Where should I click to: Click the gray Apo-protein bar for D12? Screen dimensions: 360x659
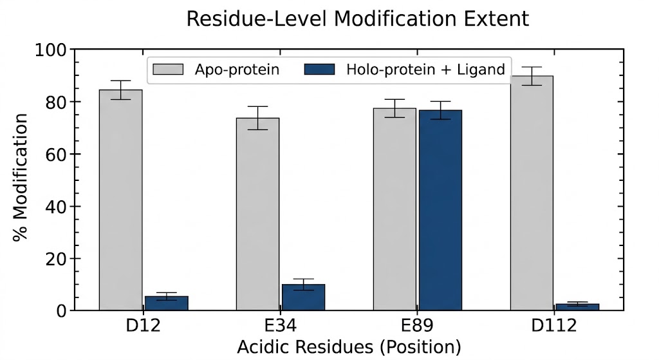pos(120,200)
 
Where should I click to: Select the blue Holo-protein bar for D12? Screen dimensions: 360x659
pos(166,303)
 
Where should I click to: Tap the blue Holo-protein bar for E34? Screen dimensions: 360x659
pos(303,298)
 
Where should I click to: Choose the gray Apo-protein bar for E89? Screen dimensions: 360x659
pos(394,209)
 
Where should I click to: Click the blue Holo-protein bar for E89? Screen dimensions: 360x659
pos(440,210)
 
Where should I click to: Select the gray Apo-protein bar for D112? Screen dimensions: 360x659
pos(532,193)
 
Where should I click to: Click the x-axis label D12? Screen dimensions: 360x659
pos(143,325)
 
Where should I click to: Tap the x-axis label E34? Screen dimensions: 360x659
pos(280,325)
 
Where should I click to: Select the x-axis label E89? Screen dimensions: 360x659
pos(417,325)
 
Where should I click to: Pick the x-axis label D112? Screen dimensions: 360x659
pos(554,325)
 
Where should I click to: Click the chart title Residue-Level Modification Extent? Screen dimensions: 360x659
pos(357,19)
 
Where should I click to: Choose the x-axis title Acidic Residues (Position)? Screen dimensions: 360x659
pos(349,347)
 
